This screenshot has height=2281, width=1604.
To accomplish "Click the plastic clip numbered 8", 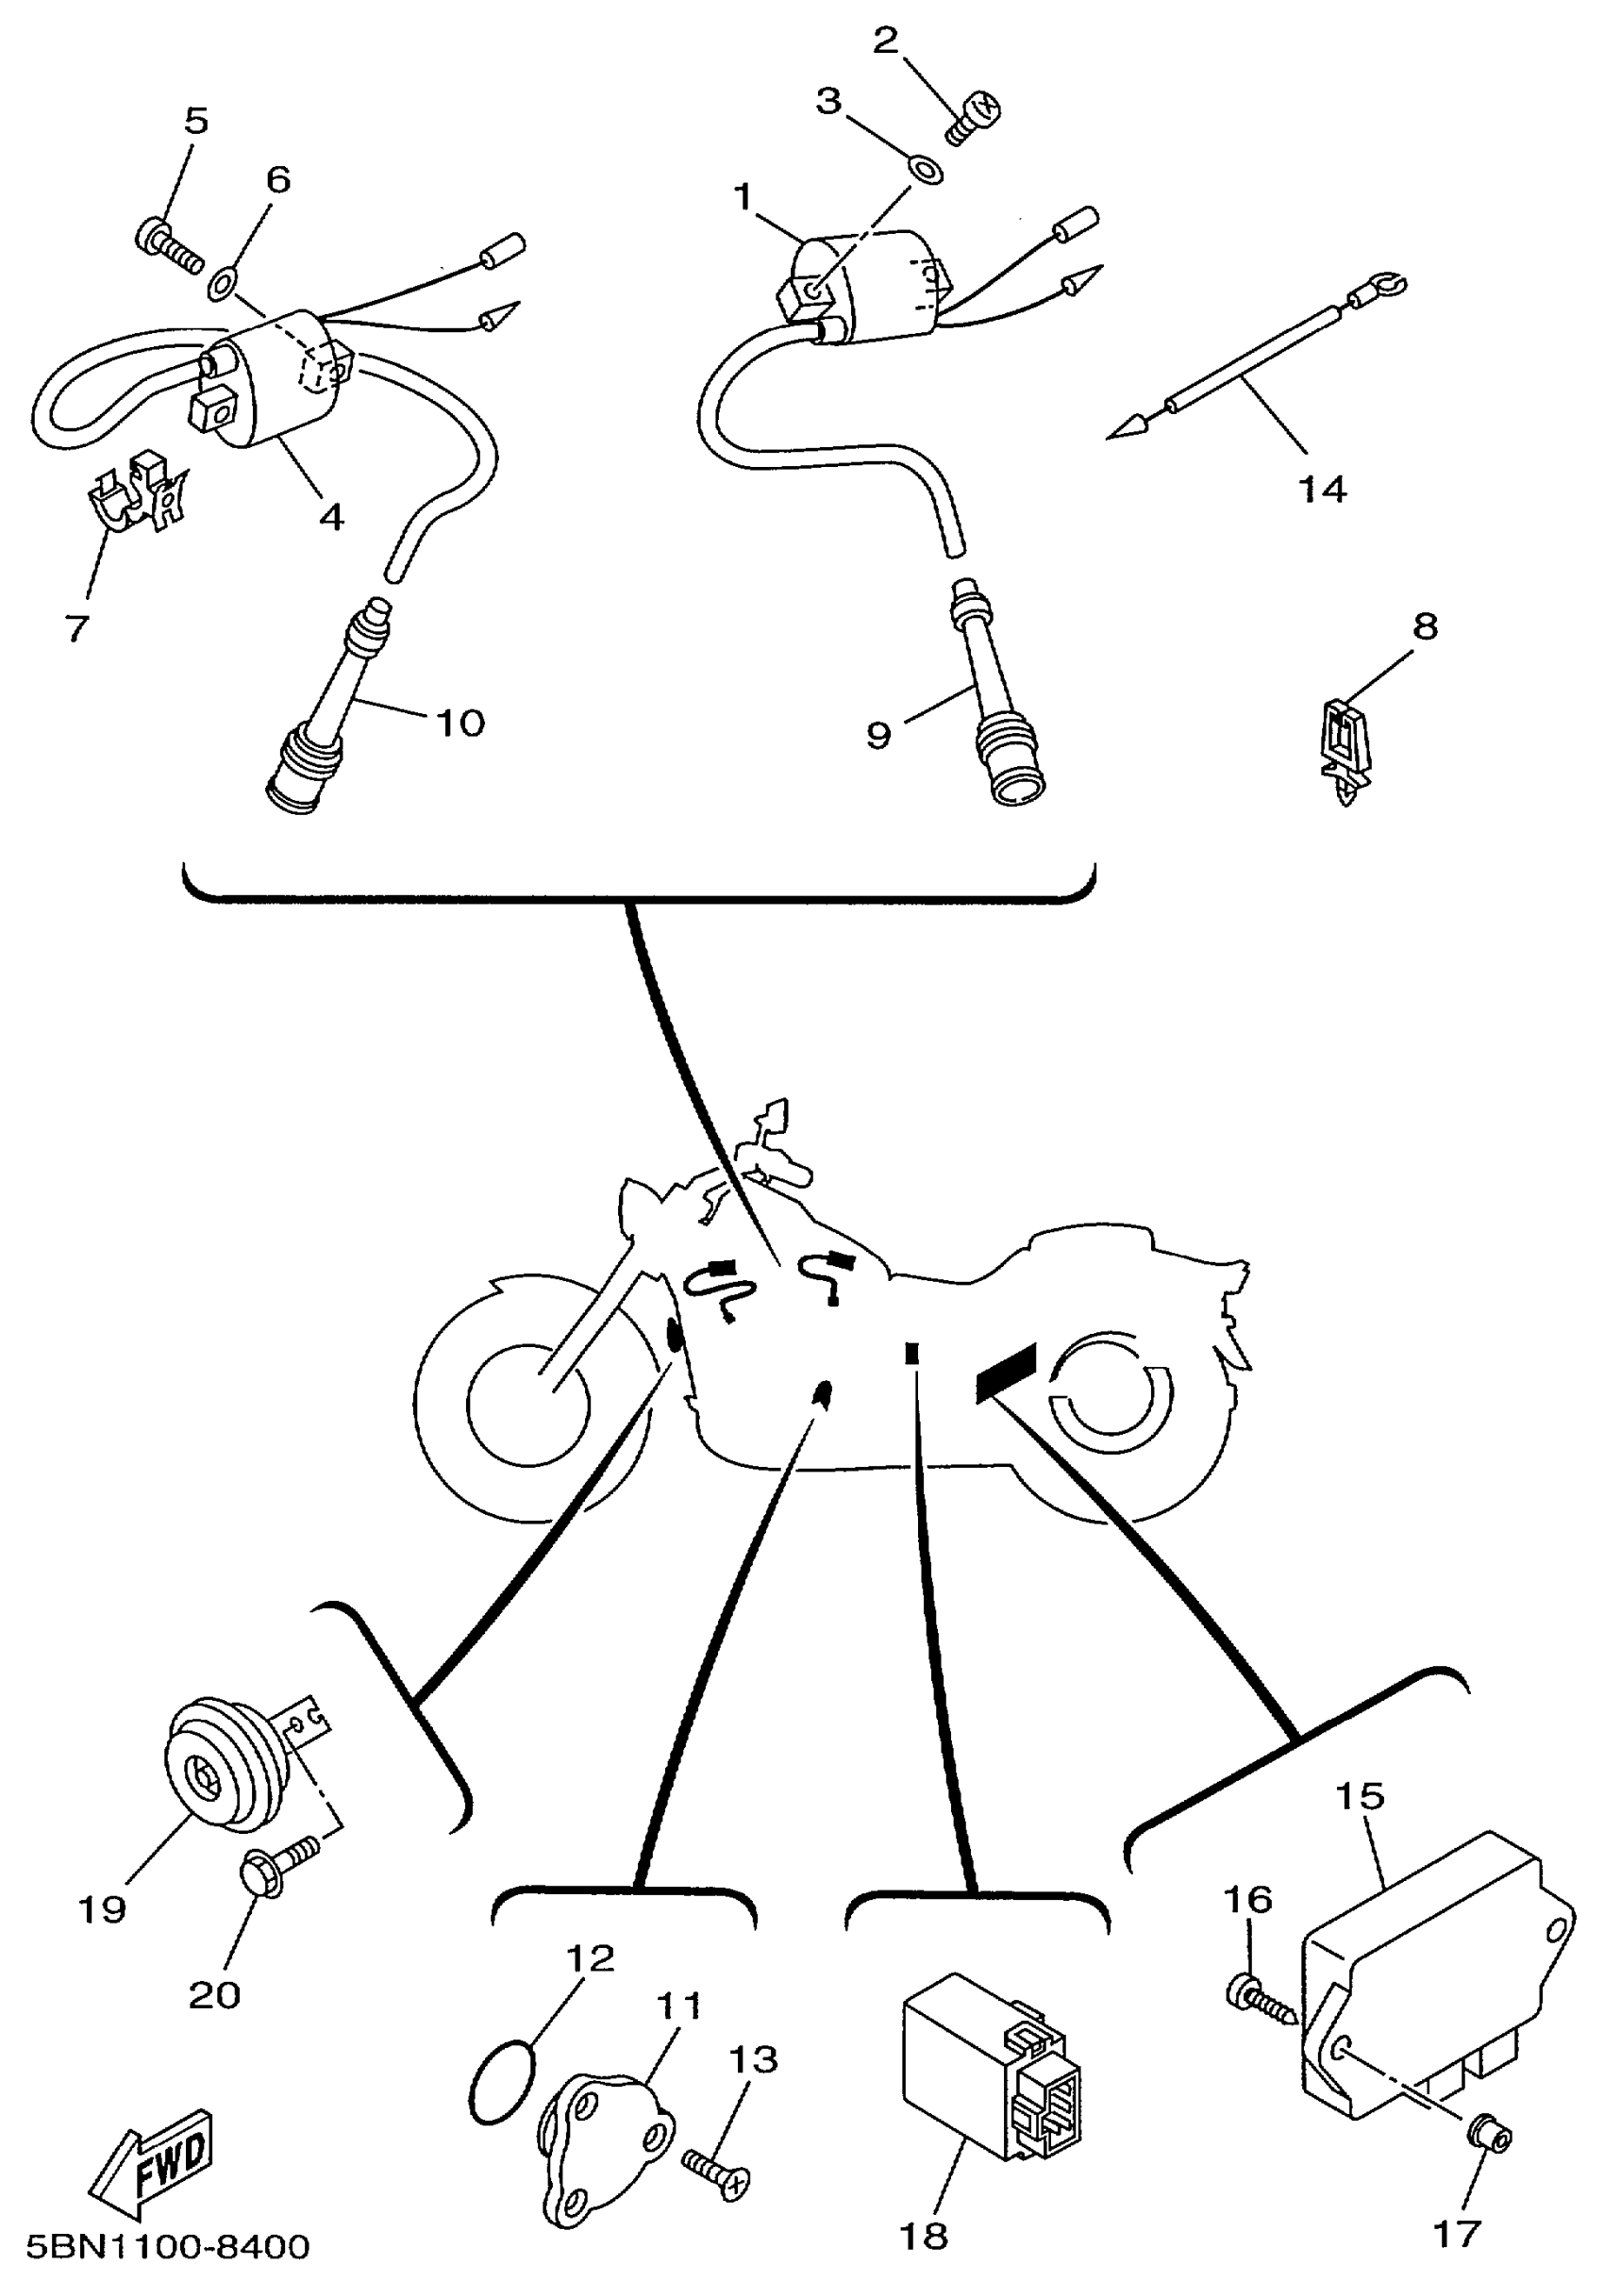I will [1343, 748].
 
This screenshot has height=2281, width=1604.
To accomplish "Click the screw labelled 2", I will [975, 117].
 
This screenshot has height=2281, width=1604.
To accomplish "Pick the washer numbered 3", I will [927, 170].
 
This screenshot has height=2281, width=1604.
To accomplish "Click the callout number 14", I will [1322, 489].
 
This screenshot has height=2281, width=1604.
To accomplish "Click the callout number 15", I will [1359, 1796].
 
